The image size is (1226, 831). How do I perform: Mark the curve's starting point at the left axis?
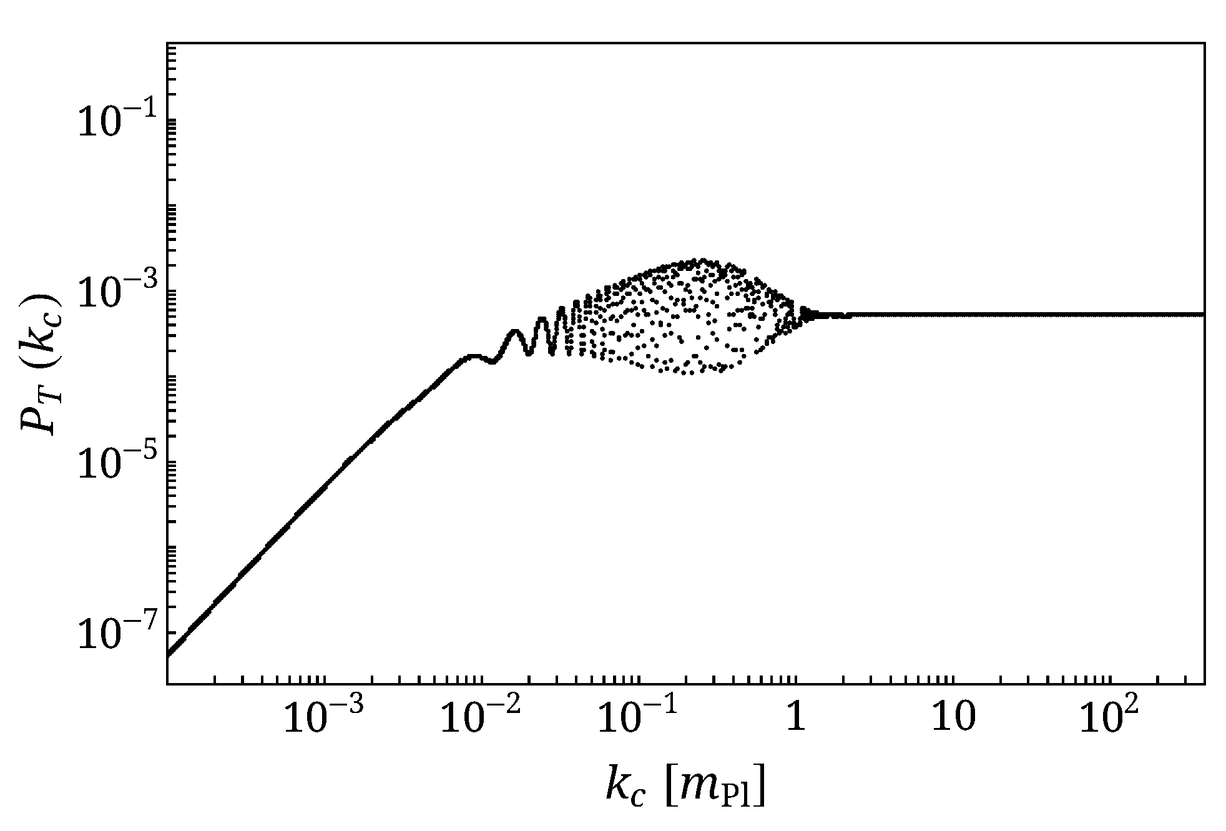(169, 655)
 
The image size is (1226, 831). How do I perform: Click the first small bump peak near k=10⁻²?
(473, 356)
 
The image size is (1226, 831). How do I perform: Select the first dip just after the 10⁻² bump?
(493, 362)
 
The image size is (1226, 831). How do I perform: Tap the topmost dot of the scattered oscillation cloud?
(703, 259)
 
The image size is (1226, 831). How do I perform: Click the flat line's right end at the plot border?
(1202, 314)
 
